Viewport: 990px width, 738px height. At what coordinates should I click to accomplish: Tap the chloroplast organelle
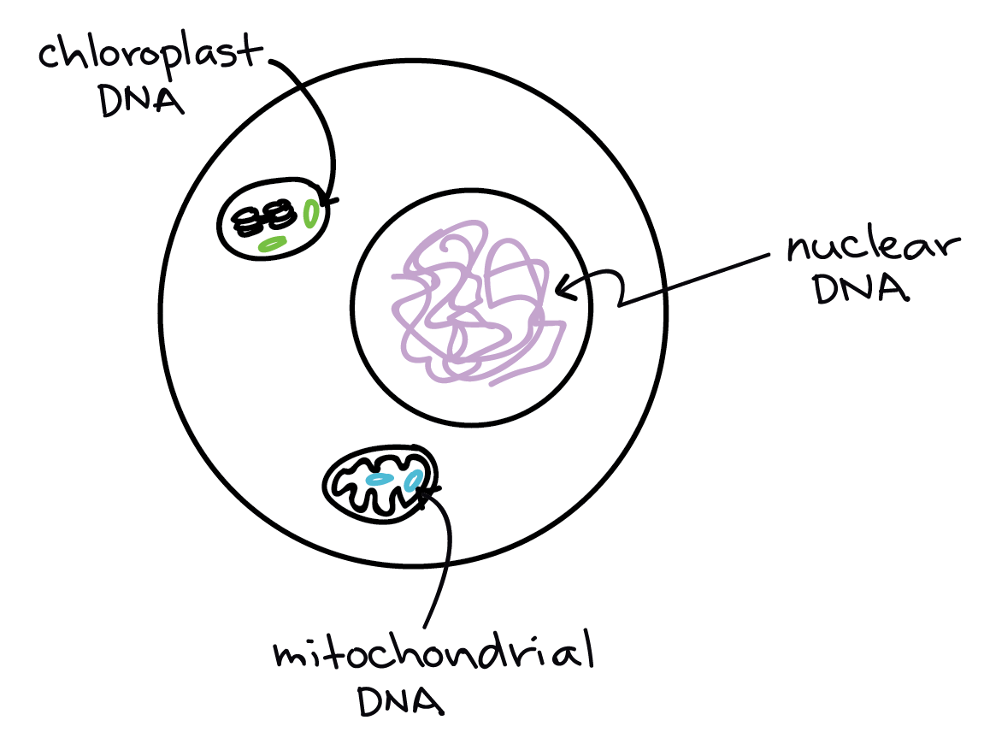point(273,218)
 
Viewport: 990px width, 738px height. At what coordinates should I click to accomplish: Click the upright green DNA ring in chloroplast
point(312,212)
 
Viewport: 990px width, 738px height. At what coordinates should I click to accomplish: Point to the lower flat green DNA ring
point(273,245)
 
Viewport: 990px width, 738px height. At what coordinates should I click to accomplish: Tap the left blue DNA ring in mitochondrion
point(379,480)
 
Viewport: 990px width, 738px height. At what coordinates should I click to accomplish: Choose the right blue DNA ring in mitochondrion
point(414,481)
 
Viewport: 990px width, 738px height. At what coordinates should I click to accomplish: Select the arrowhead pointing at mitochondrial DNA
point(427,492)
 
